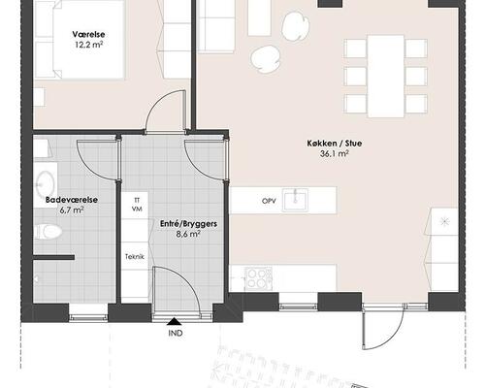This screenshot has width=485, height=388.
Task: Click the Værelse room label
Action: pyautogui.click(x=88, y=34)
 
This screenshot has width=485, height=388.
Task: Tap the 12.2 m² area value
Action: pyautogui.click(x=89, y=45)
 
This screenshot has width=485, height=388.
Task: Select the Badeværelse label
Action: pyautogui.click(x=72, y=200)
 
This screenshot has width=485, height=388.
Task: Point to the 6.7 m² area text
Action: pyautogui.click(x=72, y=210)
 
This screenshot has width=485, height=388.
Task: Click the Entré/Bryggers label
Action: pyautogui.click(x=188, y=224)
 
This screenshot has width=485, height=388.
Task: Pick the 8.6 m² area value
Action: pyautogui.click(x=188, y=234)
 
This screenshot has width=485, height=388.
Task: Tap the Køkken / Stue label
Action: pyautogui.click(x=335, y=144)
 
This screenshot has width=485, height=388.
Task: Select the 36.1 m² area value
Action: pyautogui.click(x=335, y=153)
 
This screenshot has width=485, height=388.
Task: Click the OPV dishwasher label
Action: pyautogui.click(x=269, y=201)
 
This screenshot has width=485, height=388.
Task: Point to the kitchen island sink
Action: pyautogui.click(x=295, y=200)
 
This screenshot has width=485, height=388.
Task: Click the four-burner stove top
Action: pyautogui.click(x=258, y=278)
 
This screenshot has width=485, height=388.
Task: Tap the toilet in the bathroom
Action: pyautogui.click(x=48, y=232)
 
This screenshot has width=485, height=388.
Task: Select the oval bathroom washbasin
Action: pyautogui.click(x=45, y=185)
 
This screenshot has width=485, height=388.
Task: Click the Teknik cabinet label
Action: pyautogui.click(x=135, y=257)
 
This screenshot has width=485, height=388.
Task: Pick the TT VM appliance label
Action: pyautogui.click(x=137, y=205)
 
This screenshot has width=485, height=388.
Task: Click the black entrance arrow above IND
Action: pyautogui.click(x=175, y=321)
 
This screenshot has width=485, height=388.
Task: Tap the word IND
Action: pyautogui.click(x=176, y=333)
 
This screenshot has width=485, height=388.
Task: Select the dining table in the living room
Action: pyautogui.click(x=386, y=76)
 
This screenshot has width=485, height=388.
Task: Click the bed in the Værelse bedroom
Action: pyautogui.click(x=80, y=40)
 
